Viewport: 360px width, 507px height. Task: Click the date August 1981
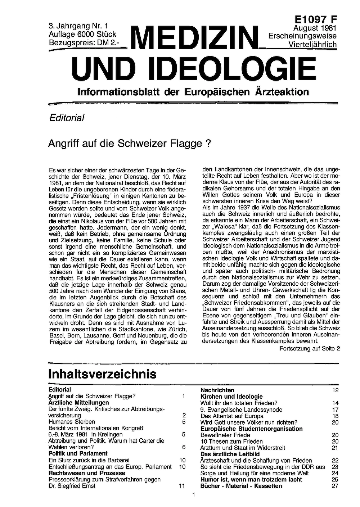tap(315, 28)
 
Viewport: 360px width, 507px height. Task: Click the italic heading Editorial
tap(67, 118)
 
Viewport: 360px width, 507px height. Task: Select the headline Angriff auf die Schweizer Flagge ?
tap(129, 144)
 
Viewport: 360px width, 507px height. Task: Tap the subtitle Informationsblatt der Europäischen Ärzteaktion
tap(193, 92)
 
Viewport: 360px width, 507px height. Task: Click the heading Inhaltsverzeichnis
tap(102, 374)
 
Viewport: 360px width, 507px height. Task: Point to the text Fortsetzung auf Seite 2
tap(310, 348)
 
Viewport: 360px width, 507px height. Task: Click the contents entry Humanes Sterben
tap(72, 422)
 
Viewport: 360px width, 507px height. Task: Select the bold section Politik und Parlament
tap(78, 453)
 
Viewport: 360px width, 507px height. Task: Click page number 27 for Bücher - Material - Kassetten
tap(335, 486)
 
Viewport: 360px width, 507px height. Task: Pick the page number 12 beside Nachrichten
tap(335, 390)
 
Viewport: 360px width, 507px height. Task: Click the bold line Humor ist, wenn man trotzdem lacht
tap(251, 480)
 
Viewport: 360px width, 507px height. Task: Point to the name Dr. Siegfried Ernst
tap(72, 486)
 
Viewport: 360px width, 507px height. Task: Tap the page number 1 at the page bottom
tap(194, 495)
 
